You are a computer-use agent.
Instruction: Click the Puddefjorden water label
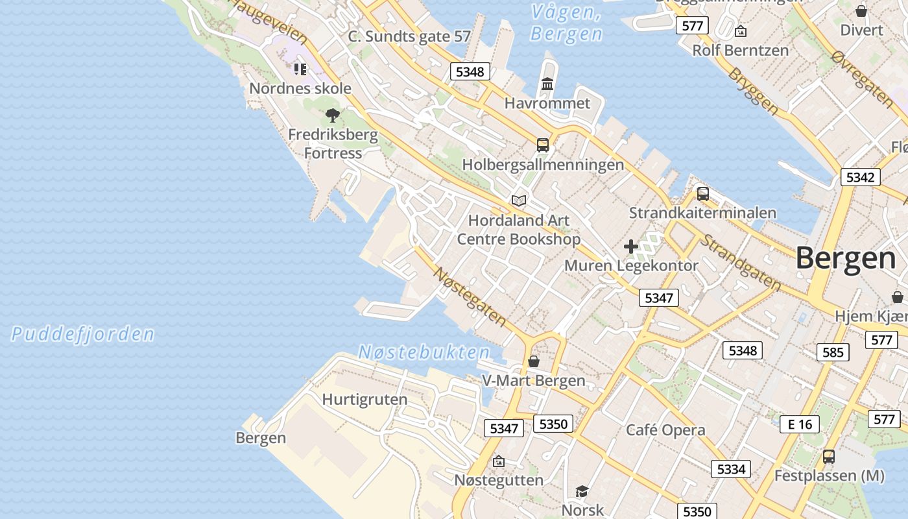(x=83, y=334)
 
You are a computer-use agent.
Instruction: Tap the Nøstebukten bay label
(x=425, y=352)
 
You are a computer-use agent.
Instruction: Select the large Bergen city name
(x=846, y=258)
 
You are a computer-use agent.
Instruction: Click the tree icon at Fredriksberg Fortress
(x=333, y=116)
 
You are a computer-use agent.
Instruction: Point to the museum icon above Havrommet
(x=547, y=84)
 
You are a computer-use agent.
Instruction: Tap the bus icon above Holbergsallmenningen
(x=543, y=145)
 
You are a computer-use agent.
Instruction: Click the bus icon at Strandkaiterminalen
(x=703, y=193)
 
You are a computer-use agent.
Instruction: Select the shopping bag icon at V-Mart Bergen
(x=534, y=361)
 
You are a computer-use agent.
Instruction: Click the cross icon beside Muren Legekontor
(x=631, y=247)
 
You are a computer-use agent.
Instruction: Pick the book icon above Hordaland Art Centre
(x=518, y=200)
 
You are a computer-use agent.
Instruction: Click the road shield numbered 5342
(x=861, y=177)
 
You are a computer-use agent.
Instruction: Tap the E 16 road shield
(x=800, y=424)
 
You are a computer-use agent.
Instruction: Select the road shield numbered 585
(x=833, y=352)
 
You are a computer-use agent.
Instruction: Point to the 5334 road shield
(x=731, y=468)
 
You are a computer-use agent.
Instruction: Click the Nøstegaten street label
(x=470, y=296)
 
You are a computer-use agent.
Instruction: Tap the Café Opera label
(x=665, y=430)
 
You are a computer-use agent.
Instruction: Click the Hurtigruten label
(x=365, y=399)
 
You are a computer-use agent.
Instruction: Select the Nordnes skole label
(x=300, y=88)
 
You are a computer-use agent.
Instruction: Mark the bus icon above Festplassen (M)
(x=829, y=457)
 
